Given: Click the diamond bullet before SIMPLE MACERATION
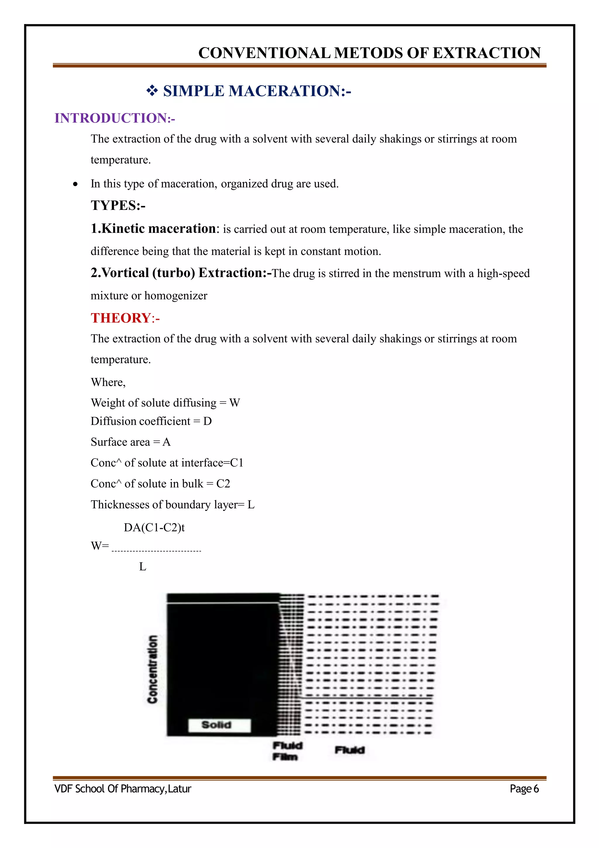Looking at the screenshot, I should (x=152, y=91).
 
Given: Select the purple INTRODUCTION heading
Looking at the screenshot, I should (x=114, y=118).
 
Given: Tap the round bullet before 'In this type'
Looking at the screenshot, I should (x=75, y=184).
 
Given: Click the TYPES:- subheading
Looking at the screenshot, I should (x=118, y=205).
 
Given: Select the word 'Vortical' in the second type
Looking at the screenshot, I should (x=125, y=273).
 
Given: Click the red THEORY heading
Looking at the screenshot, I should (x=125, y=318).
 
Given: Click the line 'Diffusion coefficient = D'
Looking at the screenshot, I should (x=151, y=421).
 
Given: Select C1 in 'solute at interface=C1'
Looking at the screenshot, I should (x=237, y=463).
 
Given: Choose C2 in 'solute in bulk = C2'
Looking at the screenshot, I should (x=223, y=483).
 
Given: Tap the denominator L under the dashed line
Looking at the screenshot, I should (x=142, y=567).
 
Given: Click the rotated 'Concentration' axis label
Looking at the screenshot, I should (x=152, y=669).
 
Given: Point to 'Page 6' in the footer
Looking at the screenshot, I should (x=524, y=789).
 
